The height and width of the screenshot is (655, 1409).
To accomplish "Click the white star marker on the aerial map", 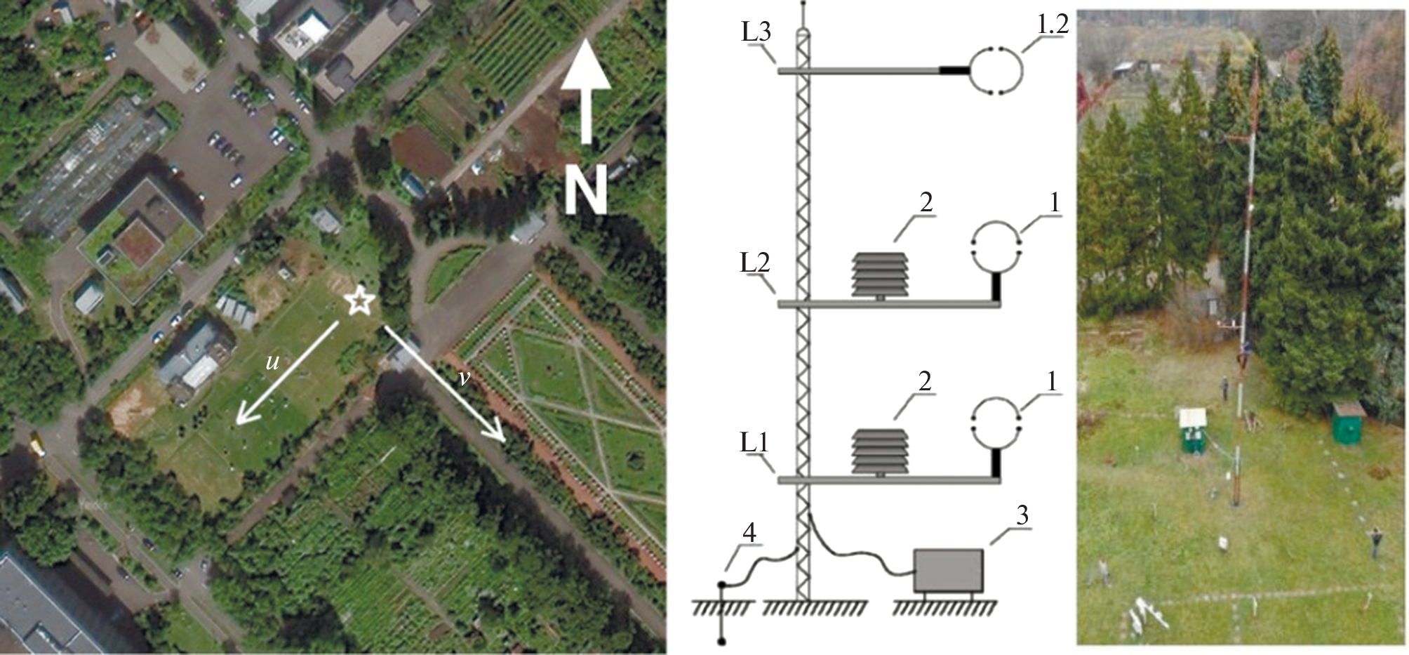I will click(359, 301).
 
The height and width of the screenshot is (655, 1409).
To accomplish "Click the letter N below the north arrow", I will click(586, 192).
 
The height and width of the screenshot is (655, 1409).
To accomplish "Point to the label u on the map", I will click(272, 362).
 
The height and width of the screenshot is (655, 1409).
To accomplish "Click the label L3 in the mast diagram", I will click(756, 32).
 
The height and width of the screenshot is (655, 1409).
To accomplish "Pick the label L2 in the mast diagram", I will click(755, 263).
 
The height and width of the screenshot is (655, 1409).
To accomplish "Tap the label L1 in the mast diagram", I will click(754, 443).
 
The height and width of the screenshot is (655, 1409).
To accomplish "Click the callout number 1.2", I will click(1052, 25).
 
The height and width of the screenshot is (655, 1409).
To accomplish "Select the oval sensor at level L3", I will click(996, 70).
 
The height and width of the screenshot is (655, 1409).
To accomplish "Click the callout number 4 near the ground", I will click(749, 534).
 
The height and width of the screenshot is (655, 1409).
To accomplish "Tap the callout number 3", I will click(1022, 516).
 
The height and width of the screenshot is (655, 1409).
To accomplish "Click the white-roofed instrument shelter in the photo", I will click(1193, 430).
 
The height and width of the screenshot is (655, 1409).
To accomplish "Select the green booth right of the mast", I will click(1349, 422).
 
